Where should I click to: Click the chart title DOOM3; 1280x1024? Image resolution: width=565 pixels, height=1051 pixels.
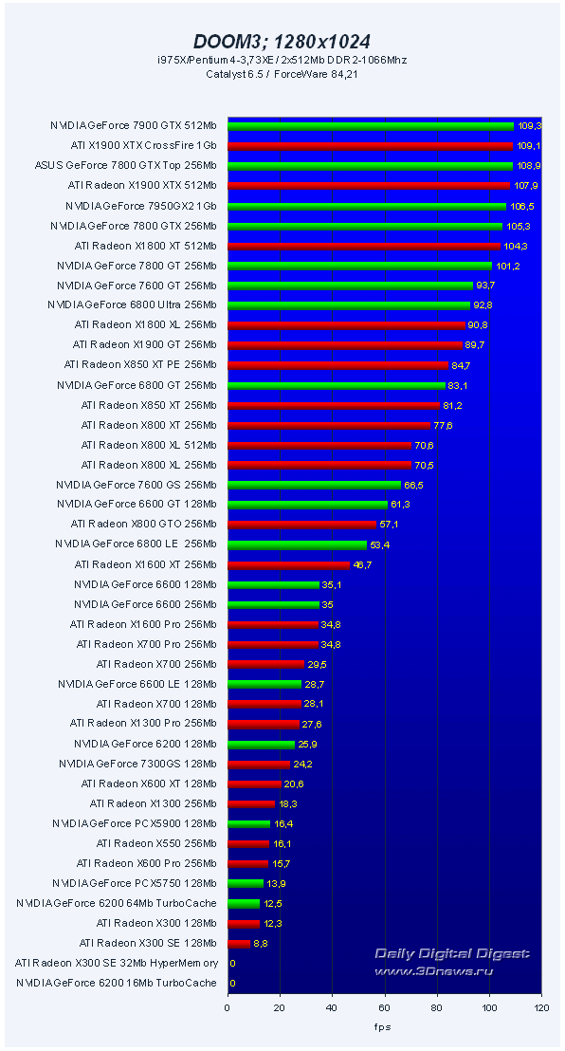pos(282,41)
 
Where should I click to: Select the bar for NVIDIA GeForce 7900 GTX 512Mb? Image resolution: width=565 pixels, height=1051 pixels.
pos(370,125)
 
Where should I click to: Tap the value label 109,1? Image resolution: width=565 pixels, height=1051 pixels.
pos(528,146)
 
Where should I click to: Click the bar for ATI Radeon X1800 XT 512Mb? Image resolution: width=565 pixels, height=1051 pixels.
pos(362,246)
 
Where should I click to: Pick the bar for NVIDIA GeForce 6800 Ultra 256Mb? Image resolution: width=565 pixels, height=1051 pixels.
pos(348,305)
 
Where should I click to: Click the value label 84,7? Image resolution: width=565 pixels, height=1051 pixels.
pos(464,365)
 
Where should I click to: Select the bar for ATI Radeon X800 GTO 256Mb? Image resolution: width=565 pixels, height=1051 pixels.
pos(301,525)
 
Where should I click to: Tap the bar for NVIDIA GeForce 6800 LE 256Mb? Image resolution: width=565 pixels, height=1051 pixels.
pos(297,544)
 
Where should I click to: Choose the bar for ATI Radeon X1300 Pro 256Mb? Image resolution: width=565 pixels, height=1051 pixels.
pos(263,724)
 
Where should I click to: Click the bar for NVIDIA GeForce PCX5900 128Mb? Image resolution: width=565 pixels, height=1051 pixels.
pos(248,823)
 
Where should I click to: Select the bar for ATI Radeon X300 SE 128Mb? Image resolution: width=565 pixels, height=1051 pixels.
pos(238,943)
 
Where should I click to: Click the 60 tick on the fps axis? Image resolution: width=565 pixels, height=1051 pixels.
pos(384,1008)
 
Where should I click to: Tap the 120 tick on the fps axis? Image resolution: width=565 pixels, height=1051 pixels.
pos(540,1008)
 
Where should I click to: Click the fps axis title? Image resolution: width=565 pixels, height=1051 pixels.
pos(383,1026)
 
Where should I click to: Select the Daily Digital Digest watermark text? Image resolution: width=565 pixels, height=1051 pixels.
pos(451,953)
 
